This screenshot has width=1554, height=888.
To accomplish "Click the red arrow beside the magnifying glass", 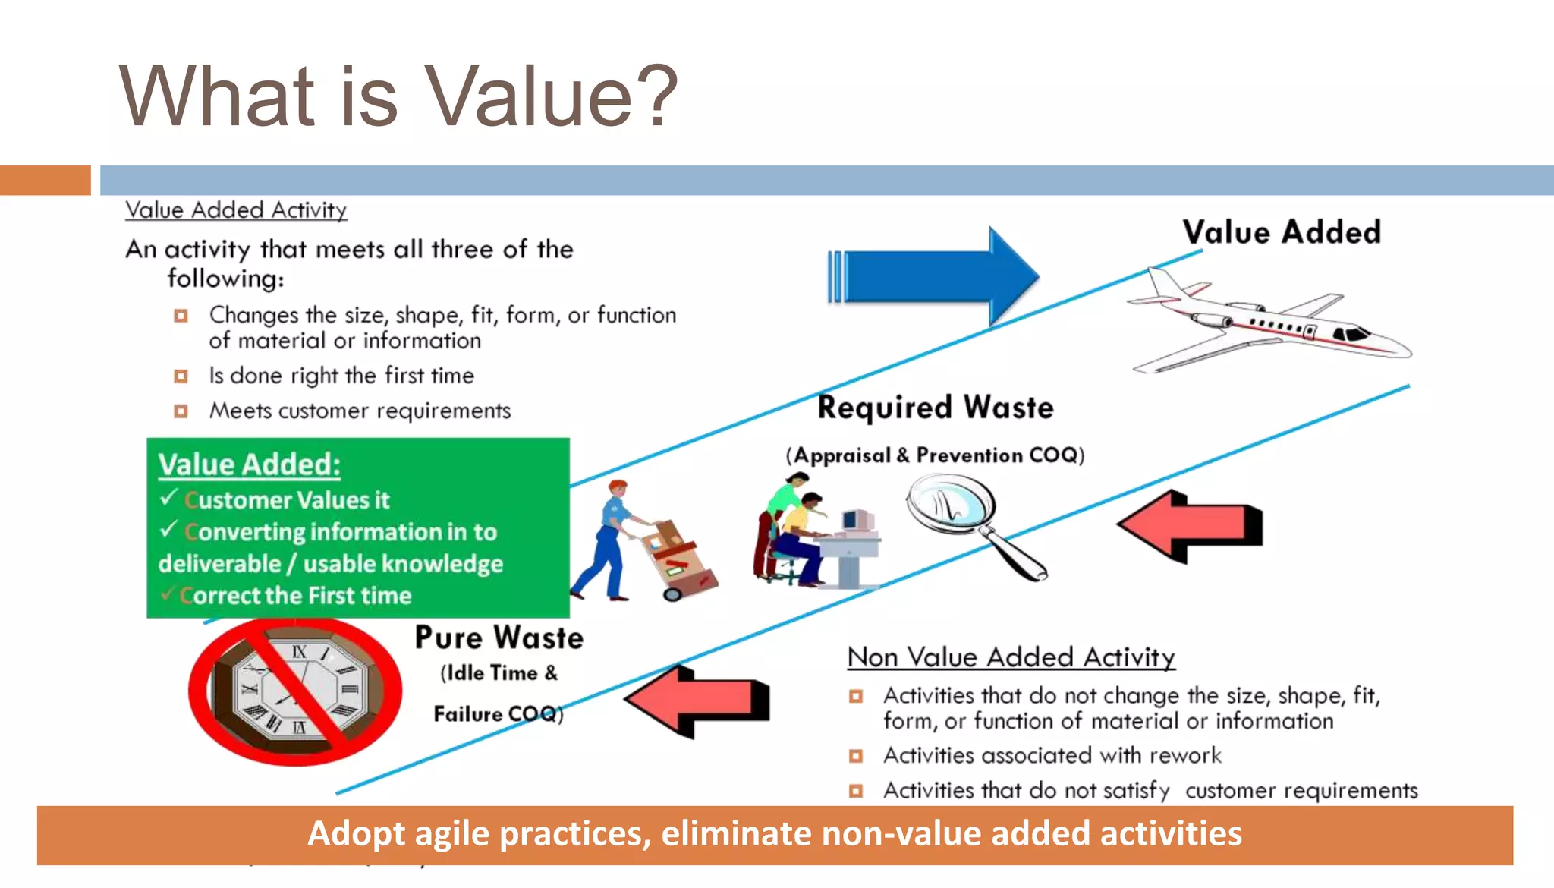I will coord(1191,525).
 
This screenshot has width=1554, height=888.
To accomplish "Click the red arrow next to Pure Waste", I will coord(698,700).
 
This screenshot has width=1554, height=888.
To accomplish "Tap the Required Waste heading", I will coord(935,408).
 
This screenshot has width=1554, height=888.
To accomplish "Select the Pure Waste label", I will coord(499,638).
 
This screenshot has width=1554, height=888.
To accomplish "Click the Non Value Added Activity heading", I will coord(1011,657).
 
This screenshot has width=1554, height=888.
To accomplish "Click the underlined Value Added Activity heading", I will coord(236,210).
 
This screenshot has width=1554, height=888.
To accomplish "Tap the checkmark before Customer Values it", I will coord(168,498).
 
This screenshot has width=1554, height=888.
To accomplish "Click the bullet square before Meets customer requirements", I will coord(181,411).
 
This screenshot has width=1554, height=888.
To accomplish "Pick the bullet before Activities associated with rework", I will coord(856,756).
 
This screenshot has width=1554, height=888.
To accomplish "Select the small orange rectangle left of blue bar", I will coord(46,181).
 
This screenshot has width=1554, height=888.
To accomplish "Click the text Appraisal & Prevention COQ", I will coord(935,455).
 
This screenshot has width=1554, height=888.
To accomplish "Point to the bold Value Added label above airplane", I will coord(1281,232).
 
